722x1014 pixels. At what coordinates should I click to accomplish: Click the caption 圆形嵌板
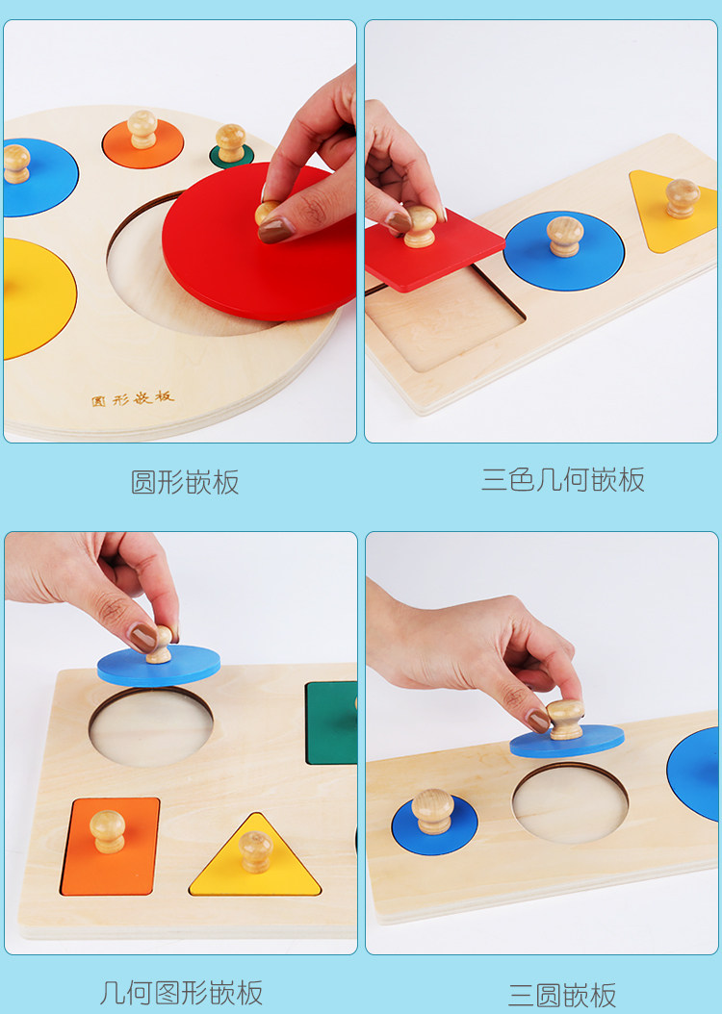coord(185,482)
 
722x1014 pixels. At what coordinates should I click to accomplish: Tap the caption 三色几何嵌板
coord(563,480)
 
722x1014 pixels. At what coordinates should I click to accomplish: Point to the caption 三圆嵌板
coord(562,995)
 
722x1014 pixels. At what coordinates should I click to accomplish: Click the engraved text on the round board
coord(133,398)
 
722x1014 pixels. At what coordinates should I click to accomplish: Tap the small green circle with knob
coord(231,155)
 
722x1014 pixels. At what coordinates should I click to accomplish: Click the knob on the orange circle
coord(142,129)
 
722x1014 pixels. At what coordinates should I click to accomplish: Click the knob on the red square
coord(421,226)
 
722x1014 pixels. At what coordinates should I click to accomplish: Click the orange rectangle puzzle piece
coord(110,847)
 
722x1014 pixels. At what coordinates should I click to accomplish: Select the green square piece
coord(331,722)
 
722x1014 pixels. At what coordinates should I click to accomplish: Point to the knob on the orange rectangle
coord(108,831)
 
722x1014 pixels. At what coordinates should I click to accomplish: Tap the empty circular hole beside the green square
coord(151,727)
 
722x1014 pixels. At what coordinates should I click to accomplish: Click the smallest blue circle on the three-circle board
coord(435,824)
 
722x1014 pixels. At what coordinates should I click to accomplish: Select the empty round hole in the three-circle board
coord(570,802)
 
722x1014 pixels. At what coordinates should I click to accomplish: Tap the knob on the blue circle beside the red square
coord(565,236)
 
